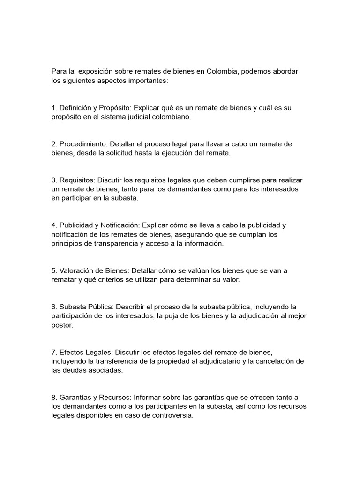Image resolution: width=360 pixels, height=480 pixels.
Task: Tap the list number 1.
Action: pyautogui.click(x=54, y=108)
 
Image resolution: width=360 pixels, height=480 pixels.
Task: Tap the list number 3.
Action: pyautogui.click(x=54, y=180)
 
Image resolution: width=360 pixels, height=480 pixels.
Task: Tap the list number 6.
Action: pyautogui.click(x=54, y=307)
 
